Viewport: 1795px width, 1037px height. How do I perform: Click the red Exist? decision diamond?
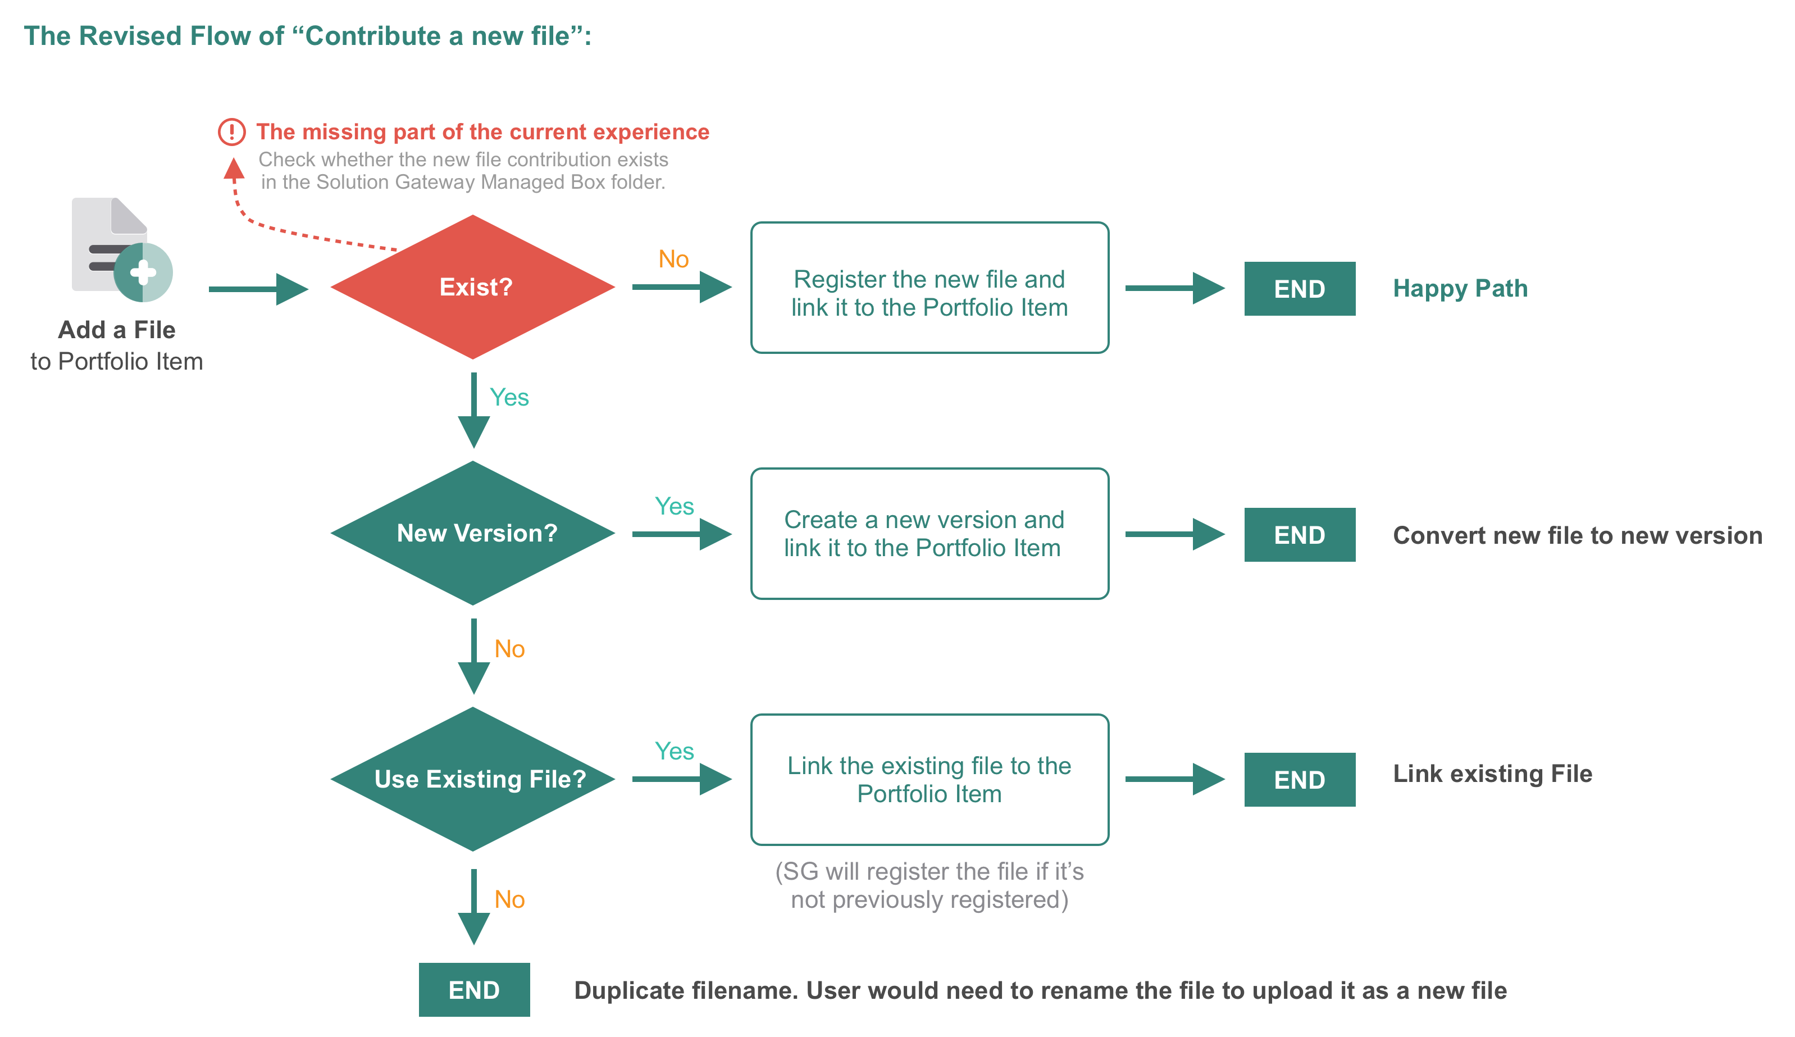coord(473,287)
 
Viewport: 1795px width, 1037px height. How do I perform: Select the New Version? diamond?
coord(473,533)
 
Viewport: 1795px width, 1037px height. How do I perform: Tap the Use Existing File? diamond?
coord(473,779)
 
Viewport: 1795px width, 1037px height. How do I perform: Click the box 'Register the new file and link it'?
coord(930,288)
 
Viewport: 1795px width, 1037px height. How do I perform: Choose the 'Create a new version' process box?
coord(930,534)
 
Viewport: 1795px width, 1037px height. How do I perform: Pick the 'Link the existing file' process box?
coord(930,780)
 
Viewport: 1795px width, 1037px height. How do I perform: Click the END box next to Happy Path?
coord(1300,288)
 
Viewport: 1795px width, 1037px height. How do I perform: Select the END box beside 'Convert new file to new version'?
coord(1300,535)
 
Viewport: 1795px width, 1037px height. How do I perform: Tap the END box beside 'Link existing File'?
coord(1300,780)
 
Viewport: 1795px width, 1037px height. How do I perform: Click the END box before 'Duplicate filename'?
coord(474,990)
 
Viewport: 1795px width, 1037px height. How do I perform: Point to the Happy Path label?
coord(1460,288)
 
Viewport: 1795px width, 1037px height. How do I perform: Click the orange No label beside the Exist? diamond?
coord(673,258)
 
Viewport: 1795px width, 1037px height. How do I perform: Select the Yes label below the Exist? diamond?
coord(509,397)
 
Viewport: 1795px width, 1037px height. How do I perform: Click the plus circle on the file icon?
coord(143,272)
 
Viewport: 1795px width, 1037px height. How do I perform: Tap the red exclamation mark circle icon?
coord(231,132)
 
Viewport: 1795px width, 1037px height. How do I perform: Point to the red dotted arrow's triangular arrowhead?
coord(234,168)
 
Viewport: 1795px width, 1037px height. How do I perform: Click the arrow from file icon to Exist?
coord(258,289)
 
